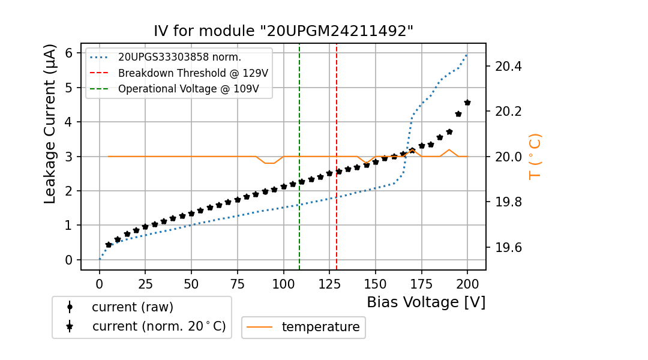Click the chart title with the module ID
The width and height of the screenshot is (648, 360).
284,31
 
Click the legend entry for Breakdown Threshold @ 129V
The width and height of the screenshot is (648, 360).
193,73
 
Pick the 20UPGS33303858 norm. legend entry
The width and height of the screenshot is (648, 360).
179,58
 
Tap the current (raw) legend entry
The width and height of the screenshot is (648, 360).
132,307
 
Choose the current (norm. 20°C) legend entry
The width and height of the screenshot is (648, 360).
158,326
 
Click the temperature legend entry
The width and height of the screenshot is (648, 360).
320,327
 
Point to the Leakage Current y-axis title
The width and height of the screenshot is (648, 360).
50,124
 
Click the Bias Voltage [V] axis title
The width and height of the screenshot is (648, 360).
426,302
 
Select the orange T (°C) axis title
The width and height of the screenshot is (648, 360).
535,156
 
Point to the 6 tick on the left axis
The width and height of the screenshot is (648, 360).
69,53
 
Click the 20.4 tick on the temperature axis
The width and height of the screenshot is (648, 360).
509,66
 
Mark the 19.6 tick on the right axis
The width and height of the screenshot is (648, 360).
509,247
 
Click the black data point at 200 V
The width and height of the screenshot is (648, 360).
467,103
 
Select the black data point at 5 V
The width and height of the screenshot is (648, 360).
109,245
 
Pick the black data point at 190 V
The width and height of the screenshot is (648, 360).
449,131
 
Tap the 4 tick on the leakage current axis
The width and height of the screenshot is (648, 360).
69,122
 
